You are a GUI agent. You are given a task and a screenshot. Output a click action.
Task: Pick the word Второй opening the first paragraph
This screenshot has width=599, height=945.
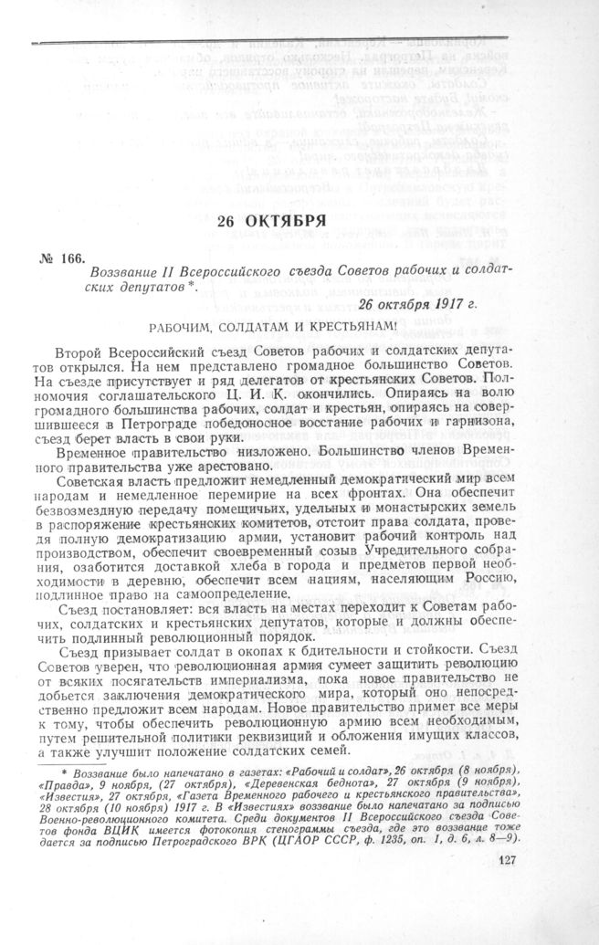[80, 353]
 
